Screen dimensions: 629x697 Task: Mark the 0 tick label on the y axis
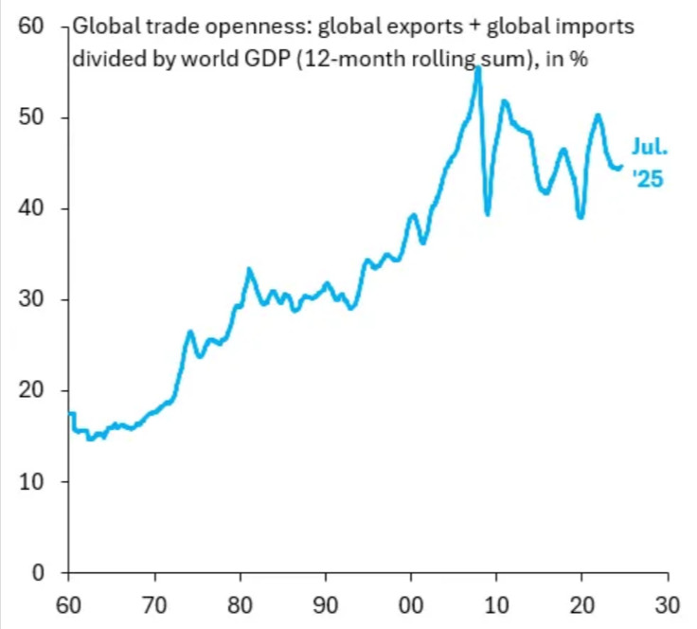tap(39, 572)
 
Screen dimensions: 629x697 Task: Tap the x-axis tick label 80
tap(241, 602)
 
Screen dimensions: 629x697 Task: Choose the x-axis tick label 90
tap(326, 602)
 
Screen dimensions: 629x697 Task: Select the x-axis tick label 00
tap(412, 602)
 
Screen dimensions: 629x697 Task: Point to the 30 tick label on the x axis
tap(669, 602)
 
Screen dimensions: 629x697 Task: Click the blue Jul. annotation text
tap(650, 148)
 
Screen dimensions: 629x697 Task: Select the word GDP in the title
tap(265, 60)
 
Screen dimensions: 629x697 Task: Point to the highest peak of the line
tap(477, 69)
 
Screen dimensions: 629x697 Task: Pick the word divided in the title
tap(103, 60)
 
